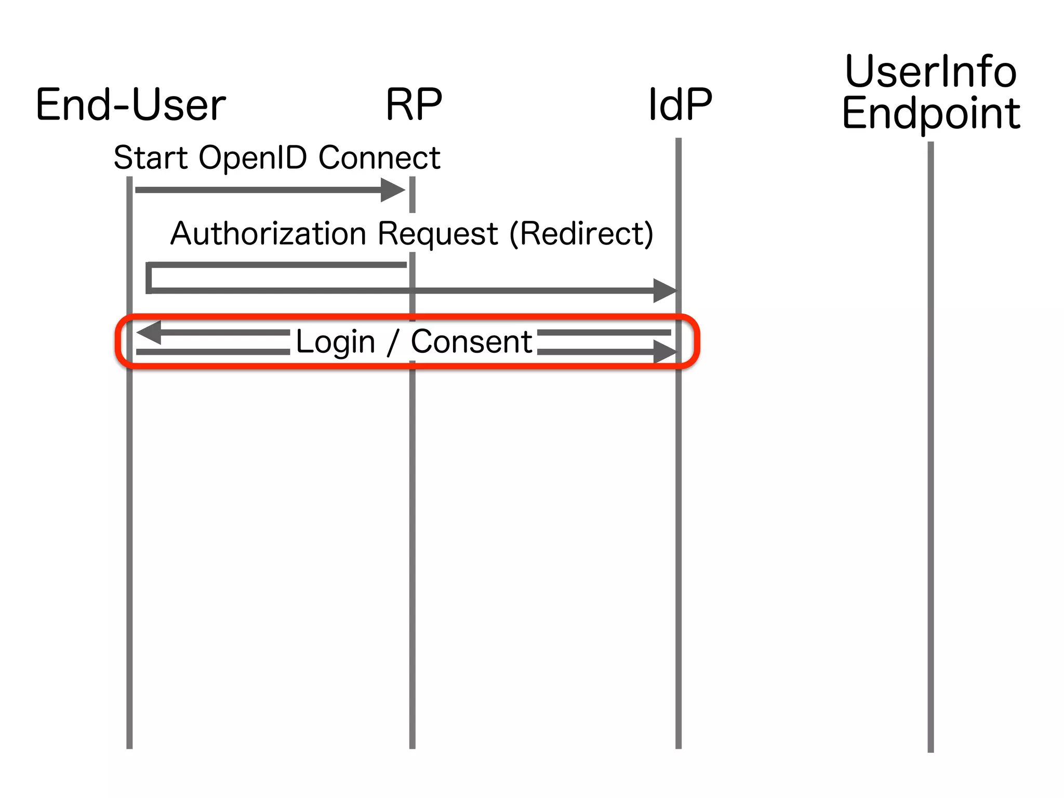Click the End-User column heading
coord(130,105)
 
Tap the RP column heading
coord(414,105)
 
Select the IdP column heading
coord(680,105)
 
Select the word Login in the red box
coord(335,342)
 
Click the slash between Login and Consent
coord(393,342)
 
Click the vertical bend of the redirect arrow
coord(149,278)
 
